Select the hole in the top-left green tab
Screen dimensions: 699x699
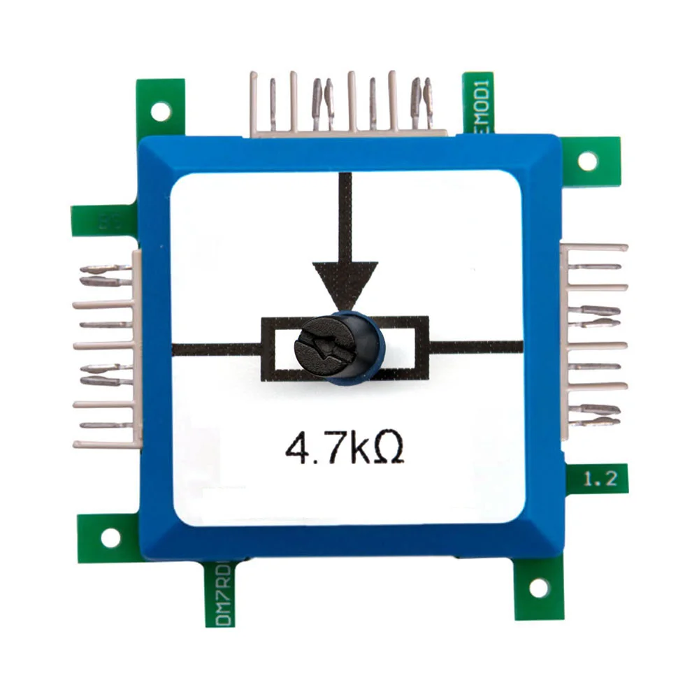(161, 110)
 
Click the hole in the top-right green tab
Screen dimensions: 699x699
(588, 161)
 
